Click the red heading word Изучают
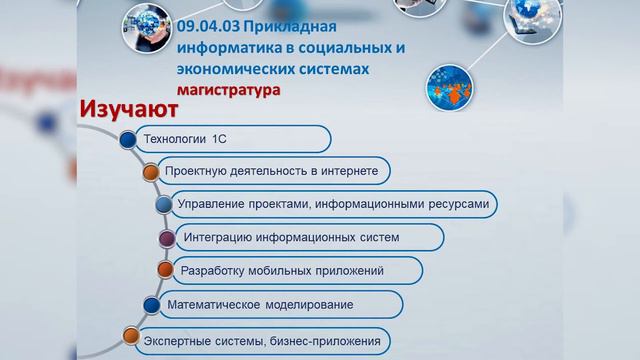pyautogui.click(x=127, y=108)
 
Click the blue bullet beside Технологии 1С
pyautogui.click(x=126, y=140)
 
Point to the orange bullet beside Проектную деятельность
pyautogui.click(x=149, y=172)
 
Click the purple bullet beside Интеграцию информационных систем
pyautogui.click(x=166, y=237)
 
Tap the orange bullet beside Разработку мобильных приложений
pyautogui.click(x=165, y=270)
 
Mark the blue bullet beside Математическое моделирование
pyautogui.click(x=151, y=303)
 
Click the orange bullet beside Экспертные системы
pyautogui.click(x=128, y=337)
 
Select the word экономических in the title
pyautogui.click(x=229, y=69)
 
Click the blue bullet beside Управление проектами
pyautogui.click(x=163, y=204)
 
